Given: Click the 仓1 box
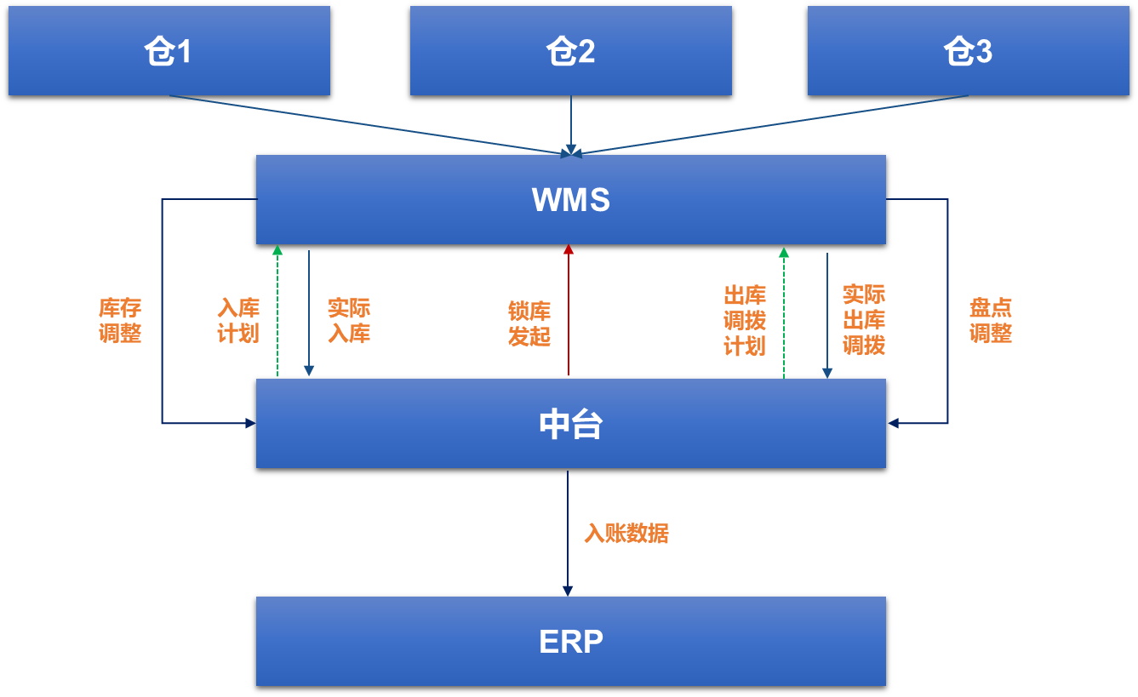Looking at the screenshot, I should [x=169, y=51].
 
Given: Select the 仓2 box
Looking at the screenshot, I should [x=570, y=51].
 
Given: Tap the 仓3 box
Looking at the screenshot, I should [x=968, y=51].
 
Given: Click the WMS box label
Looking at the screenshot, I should [x=570, y=200].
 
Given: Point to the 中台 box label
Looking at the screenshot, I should [x=570, y=424].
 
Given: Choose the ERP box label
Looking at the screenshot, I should [x=570, y=642].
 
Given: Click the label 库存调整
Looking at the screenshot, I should [x=120, y=320].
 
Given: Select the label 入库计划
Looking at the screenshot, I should [x=238, y=320].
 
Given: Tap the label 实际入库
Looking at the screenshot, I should [x=349, y=320].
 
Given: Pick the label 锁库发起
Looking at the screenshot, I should [x=529, y=323].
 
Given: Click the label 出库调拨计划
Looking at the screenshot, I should [x=745, y=320].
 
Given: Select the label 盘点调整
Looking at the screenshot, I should [x=991, y=320].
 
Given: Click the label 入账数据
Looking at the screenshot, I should [x=626, y=534].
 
